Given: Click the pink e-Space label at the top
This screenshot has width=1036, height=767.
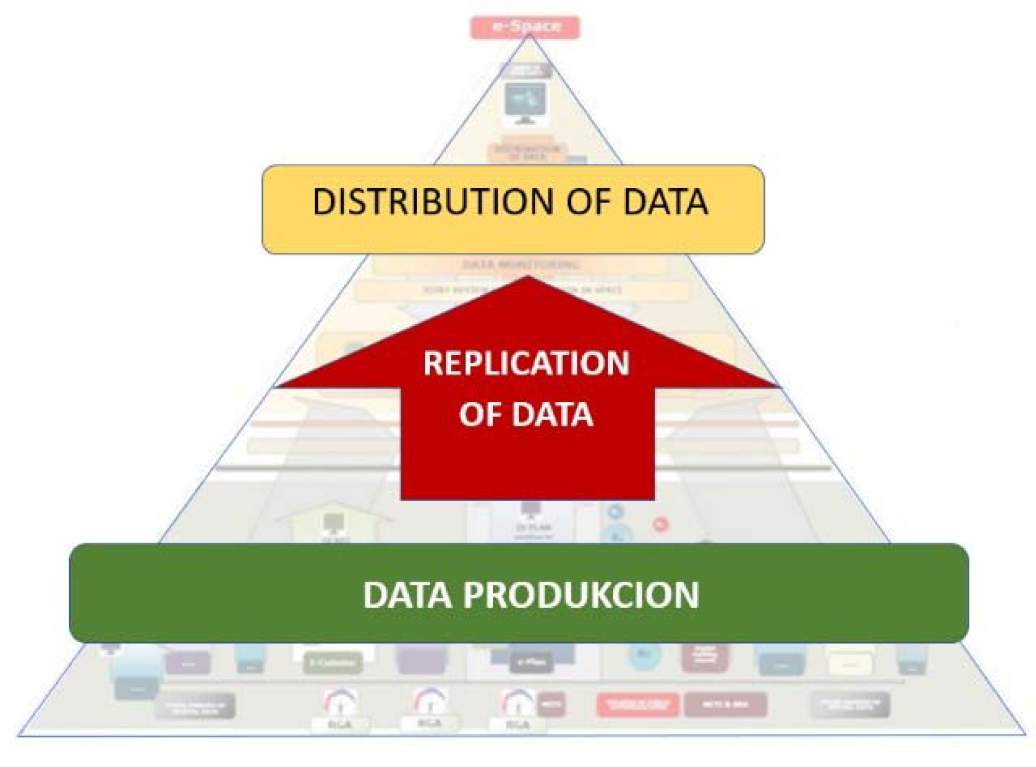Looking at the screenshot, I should (525, 27).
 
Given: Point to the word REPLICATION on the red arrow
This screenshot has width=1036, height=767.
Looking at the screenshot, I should (526, 363).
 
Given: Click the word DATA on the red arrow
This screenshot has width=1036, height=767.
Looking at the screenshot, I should (552, 414).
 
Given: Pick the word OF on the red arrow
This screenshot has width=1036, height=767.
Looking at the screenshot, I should (480, 414).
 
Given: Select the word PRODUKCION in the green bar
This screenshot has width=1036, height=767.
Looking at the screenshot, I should (581, 595).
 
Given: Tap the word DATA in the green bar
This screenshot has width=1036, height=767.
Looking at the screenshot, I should (407, 595).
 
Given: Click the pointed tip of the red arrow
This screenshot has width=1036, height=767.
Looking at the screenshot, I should (527, 278).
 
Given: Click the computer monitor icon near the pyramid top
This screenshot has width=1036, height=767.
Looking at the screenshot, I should (525, 103).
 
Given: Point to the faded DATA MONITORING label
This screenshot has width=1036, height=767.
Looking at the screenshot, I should (520, 264).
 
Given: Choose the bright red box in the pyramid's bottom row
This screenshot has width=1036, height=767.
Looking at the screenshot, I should (637, 705).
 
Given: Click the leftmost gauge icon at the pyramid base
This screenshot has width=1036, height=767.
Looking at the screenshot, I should (340, 703).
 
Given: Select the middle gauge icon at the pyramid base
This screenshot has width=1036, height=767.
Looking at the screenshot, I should (429, 702).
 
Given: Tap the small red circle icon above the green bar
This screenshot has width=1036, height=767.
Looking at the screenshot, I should (660, 524).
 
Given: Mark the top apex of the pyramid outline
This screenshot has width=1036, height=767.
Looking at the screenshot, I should (529, 36).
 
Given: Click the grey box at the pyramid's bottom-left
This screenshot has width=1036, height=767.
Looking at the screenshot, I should (195, 706).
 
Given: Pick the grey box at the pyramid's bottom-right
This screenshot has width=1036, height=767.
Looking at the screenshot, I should (850, 705).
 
